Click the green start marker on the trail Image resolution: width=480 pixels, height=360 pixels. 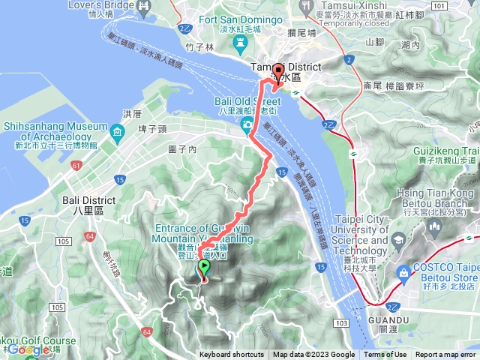203,269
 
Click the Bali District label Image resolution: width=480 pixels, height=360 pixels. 89,200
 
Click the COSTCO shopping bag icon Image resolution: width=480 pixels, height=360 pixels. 406,271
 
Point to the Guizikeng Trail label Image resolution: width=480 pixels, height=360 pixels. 442,149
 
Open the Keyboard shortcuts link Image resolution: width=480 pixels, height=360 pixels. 231,355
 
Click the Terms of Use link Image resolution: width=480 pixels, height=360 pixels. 385,355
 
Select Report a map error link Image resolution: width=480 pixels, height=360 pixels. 445,355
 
